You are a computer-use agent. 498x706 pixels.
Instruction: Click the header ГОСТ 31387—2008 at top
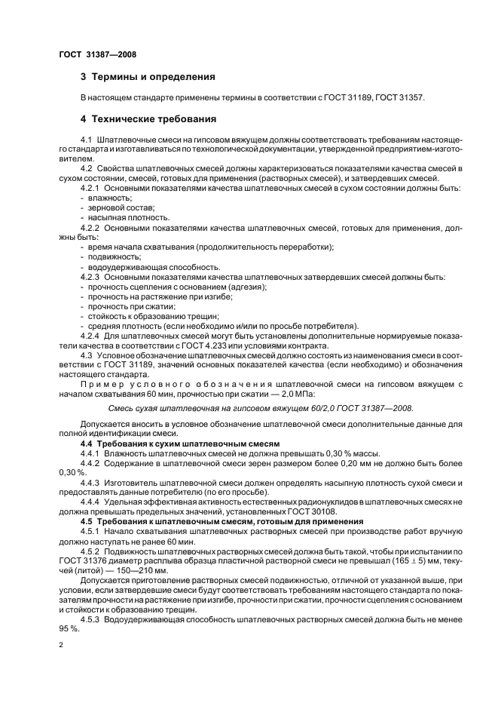point(93,54)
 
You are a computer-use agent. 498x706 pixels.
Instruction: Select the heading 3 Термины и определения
point(148,77)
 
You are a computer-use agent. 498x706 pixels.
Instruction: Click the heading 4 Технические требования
point(148,119)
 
